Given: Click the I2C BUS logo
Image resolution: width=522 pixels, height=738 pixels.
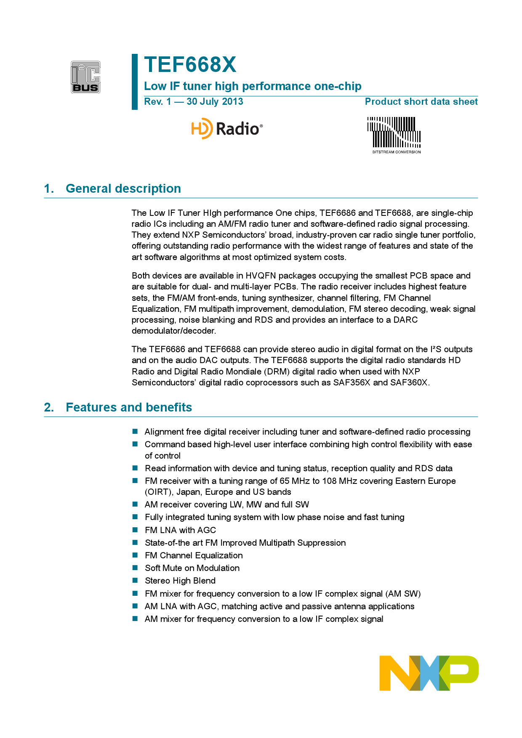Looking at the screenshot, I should [x=85, y=77].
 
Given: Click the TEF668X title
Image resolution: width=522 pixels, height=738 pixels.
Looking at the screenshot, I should [x=190, y=65].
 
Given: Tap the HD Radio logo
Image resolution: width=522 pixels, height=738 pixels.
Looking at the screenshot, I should [x=227, y=128].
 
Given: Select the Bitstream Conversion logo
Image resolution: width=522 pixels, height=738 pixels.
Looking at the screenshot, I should [x=394, y=135].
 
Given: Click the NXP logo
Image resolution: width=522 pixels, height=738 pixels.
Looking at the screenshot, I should [x=429, y=673].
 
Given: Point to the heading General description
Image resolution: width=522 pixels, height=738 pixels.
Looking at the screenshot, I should [x=123, y=188].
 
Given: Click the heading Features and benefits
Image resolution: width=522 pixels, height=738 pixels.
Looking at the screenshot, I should [x=129, y=407].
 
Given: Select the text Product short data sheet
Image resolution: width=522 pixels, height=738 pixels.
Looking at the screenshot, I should [x=421, y=102].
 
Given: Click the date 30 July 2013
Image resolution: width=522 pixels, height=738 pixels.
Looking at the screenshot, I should [x=215, y=102].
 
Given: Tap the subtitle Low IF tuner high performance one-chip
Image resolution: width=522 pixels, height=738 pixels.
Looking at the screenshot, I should [x=253, y=86].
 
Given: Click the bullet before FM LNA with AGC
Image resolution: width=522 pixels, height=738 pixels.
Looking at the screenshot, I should [x=135, y=530].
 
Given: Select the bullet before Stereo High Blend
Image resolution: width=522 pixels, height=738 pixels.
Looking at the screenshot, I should [x=135, y=580].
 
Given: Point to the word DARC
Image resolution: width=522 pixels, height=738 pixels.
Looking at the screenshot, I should [x=405, y=320].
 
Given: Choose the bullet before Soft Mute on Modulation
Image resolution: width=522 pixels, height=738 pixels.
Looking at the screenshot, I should [x=135, y=568].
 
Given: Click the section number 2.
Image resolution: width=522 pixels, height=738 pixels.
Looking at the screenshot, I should [x=49, y=407].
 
